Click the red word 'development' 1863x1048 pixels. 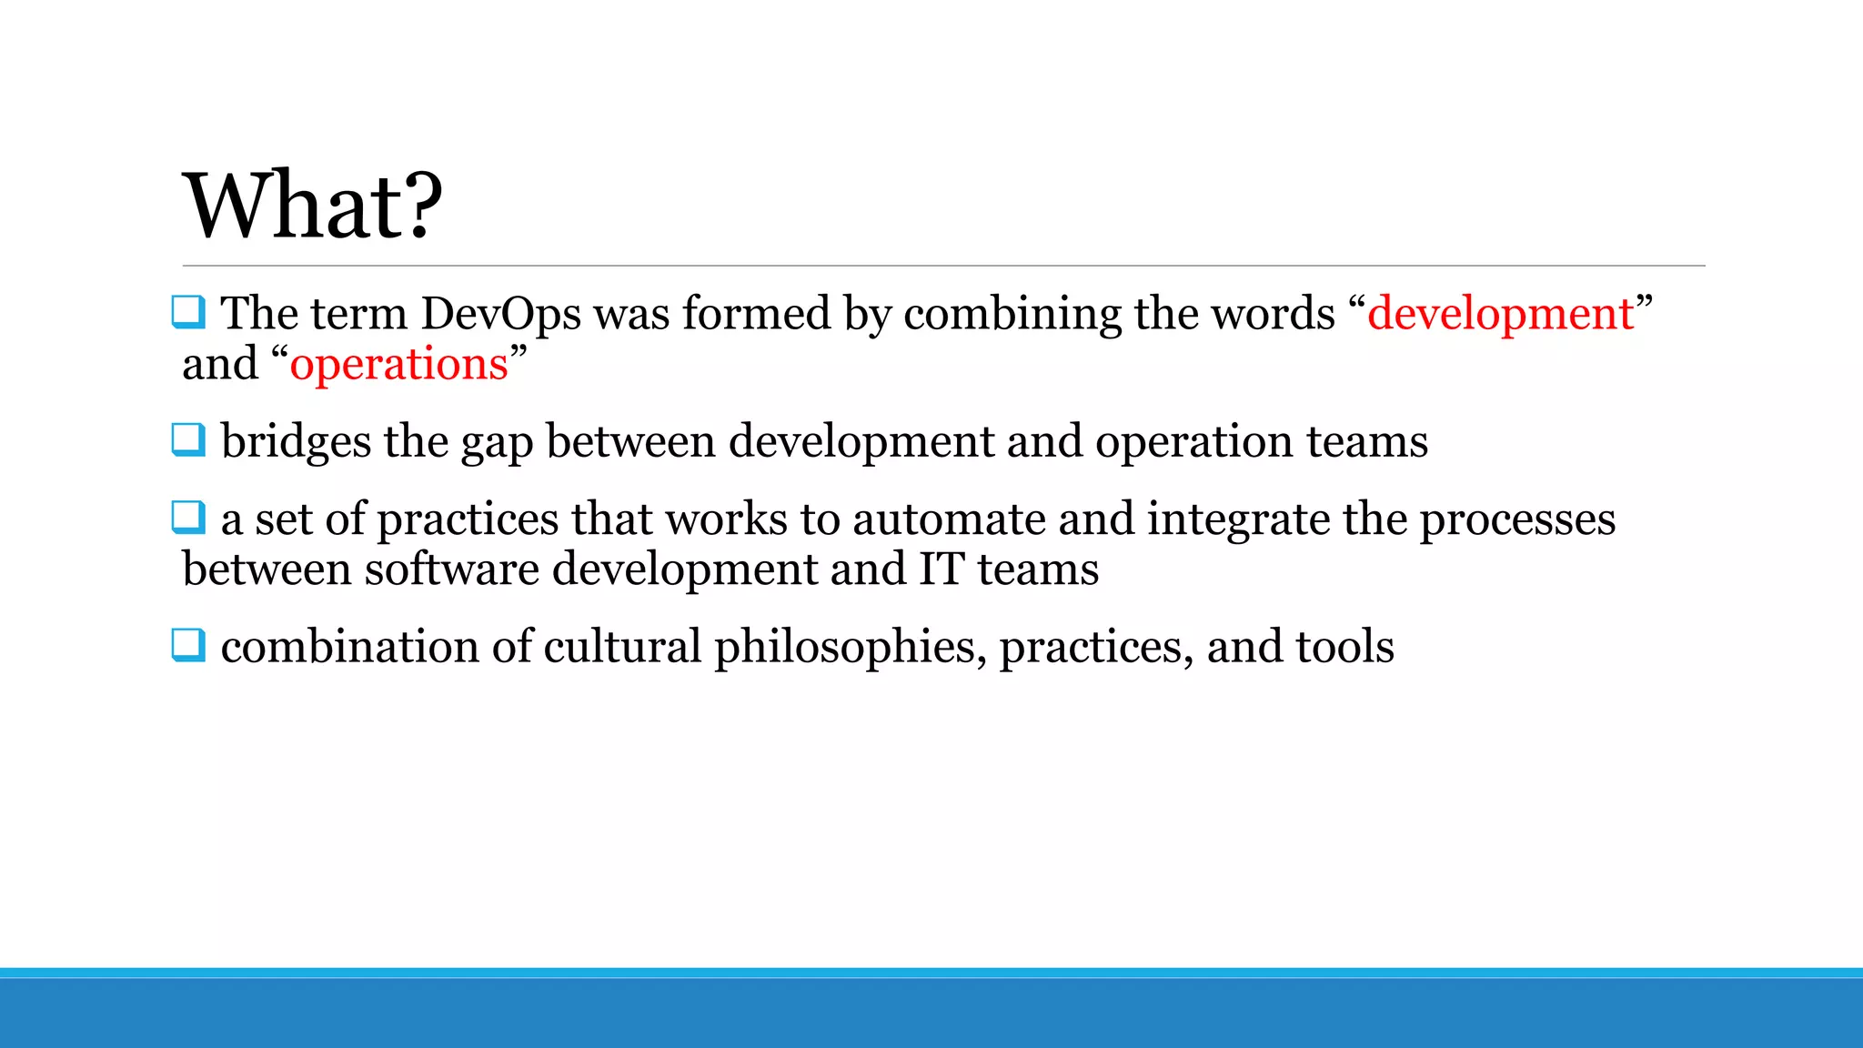click(1501, 314)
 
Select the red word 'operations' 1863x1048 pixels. click(398, 365)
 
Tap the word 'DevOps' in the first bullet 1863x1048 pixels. click(500, 314)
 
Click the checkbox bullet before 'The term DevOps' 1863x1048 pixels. click(188, 312)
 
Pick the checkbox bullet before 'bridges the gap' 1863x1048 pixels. click(188, 440)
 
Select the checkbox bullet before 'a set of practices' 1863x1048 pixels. click(188, 518)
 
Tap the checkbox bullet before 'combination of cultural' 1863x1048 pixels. click(188, 645)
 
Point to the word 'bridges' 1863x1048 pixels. click(296, 442)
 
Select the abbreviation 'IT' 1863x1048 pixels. click(942, 569)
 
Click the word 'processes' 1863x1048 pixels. click(1517, 519)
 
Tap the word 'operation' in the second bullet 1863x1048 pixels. click(1193, 442)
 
